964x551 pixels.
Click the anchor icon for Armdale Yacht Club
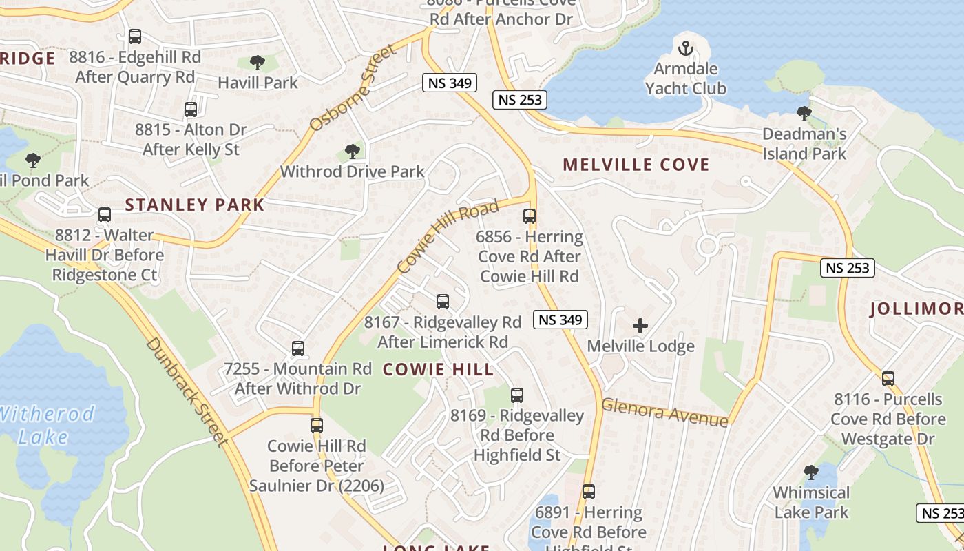pyautogui.click(x=685, y=48)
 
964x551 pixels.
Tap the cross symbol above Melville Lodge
pyautogui.click(x=640, y=326)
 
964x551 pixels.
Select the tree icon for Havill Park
pyautogui.click(x=258, y=63)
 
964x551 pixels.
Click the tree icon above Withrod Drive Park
pyautogui.click(x=353, y=151)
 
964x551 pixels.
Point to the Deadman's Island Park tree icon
pyautogui.click(x=804, y=114)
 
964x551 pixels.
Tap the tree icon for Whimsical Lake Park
pyautogui.click(x=811, y=472)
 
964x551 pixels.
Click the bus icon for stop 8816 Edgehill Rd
pyautogui.click(x=135, y=37)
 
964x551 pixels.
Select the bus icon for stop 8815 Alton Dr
pyautogui.click(x=191, y=109)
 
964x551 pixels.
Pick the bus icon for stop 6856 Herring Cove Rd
pyautogui.click(x=530, y=216)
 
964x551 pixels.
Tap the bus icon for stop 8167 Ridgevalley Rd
pyautogui.click(x=443, y=302)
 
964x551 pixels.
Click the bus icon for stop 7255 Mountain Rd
pyautogui.click(x=298, y=349)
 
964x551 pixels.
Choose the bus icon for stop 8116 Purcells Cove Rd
pyautogui.click(x=888, y=378)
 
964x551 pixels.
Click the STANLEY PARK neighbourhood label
pyautogui.click(x=195, y=205)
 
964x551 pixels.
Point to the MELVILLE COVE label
pyautogui.click(x=636, y=165)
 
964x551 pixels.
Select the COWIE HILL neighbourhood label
pyautogui.click(x=438, y=369)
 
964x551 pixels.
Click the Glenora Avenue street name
pyautogui.click(x=664, y=413)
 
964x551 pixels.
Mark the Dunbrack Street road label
pyautogui.click(x=187, y=391)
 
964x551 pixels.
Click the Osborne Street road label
pyautogui.click(x=353, y=87)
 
